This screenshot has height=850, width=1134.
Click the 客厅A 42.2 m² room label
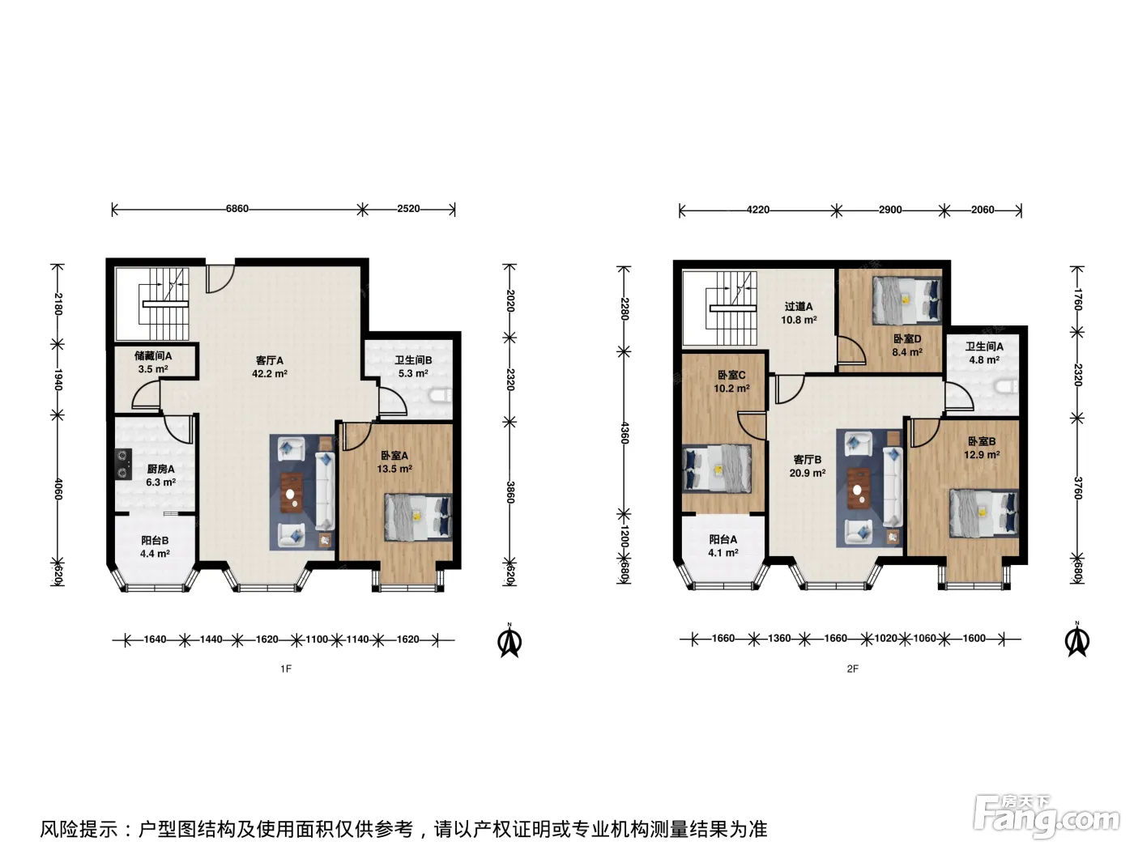click(269, 367)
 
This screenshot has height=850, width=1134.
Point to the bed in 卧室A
click(418, 517)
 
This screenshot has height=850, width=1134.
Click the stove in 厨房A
click(123, 465)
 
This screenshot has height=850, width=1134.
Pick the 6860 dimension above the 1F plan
click(237, 209)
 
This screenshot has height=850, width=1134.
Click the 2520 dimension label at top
click(409, 209)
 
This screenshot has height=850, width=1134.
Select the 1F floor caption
click(286, 669)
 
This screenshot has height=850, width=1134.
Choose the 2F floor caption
click(852, 669)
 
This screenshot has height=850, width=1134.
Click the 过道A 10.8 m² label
click(799, 313)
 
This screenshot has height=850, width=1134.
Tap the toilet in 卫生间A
click(1007, 387)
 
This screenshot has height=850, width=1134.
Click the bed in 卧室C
click(717, 470)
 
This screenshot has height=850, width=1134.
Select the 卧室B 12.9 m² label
click(982, 448)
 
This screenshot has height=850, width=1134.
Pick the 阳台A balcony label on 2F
click(723, 546)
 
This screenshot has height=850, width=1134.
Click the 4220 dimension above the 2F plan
click(758, 210)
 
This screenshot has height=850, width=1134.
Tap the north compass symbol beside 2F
click(1077, 640)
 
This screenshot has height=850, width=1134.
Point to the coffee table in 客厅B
click(858, 488)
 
